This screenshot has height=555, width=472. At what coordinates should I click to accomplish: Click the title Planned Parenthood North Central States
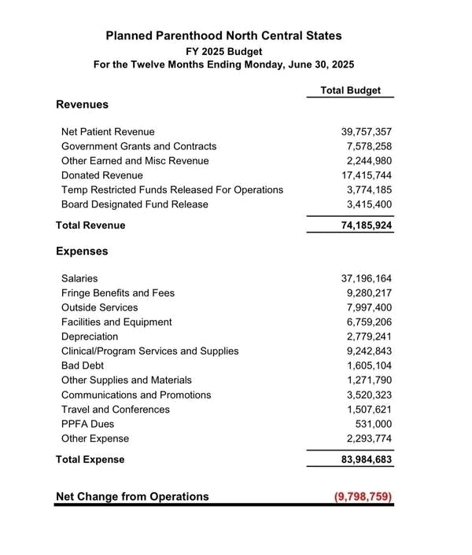[x=224, y=35]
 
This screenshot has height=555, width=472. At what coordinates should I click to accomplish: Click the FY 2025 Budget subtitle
[x=224, y=50]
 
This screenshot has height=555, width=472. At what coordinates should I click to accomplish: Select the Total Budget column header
[x=350, y=90]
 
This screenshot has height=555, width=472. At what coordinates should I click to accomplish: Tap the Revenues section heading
[x=82, y=104]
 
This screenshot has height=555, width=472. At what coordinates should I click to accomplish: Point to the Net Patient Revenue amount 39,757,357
[x=362, y=132]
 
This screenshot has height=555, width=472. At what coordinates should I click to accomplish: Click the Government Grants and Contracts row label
[x=138, y=146]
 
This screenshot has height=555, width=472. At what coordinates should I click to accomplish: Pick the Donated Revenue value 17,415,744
[x=362, y=175]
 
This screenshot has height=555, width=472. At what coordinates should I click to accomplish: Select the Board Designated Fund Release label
[x=135, y=204]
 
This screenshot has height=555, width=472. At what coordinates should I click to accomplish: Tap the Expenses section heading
[x=82, y=252]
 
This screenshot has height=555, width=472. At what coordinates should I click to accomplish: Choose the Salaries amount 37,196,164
[x=362, y=278]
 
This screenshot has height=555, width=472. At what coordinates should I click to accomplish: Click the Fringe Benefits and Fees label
[x=118, y=292]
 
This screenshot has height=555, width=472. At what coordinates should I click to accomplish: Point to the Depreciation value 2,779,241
[x=365, y=336]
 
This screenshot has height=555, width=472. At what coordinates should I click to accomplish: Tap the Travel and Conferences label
[x=116, y=410]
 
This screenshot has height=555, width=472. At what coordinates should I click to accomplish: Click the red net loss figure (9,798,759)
[x=362, y=497]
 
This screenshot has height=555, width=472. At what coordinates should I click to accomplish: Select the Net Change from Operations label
[x=132, y=497]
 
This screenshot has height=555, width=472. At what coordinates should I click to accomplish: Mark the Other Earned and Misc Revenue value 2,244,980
[x=365, y=161]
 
